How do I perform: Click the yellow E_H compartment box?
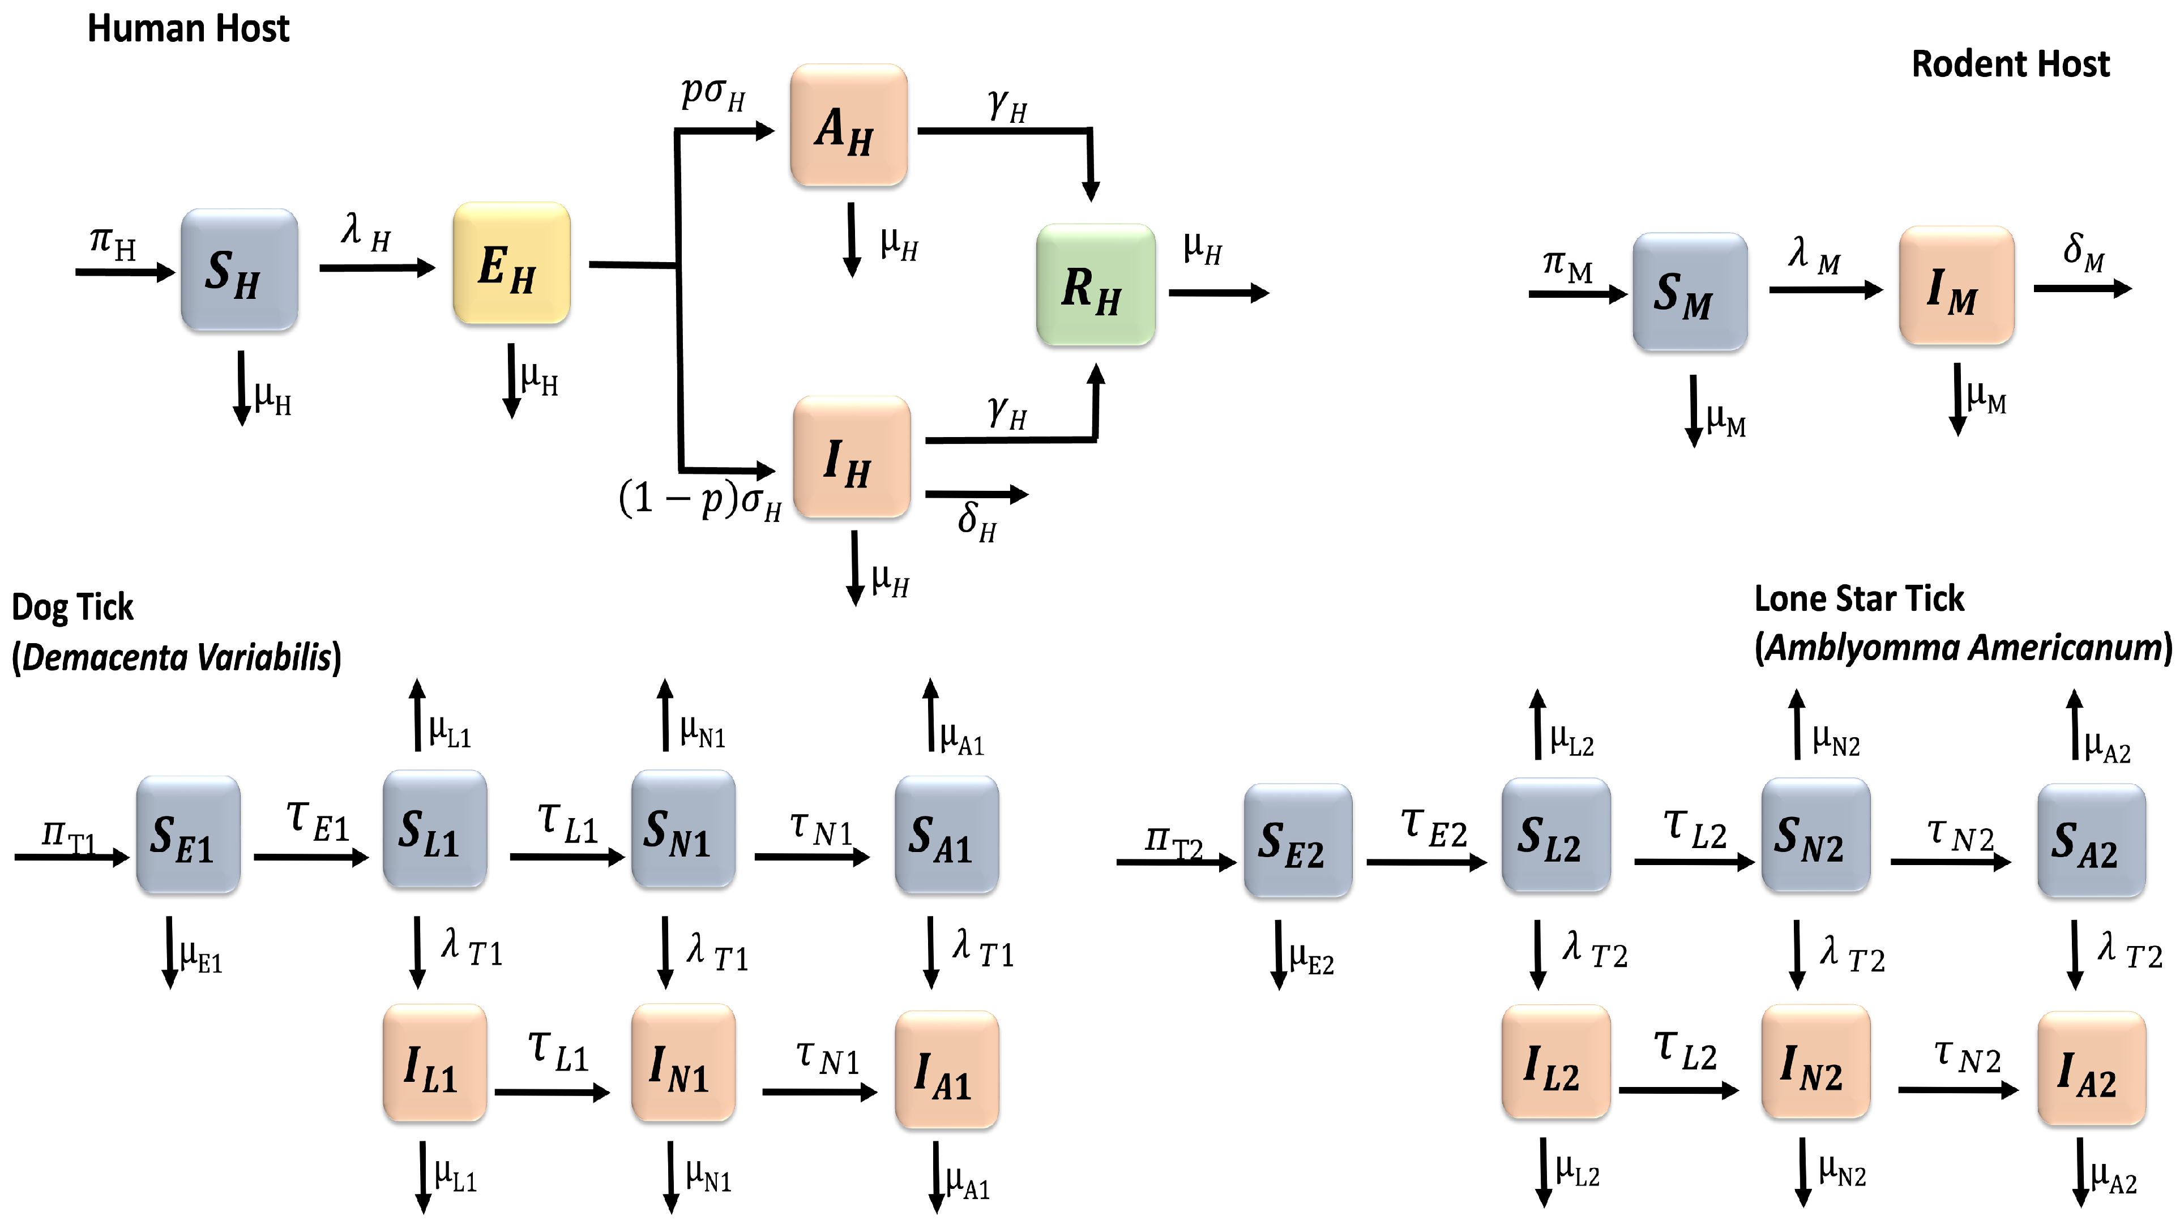[x=511, y=264]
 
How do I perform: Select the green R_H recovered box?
[x=1095, y=285]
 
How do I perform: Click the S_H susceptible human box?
[x=239, y=269]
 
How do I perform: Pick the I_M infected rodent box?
[x=1956, y=286]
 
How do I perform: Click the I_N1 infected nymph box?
[x=682, y=1063]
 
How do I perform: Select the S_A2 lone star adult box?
[x=2091, y=840]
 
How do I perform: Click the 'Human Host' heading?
[x=188, y=29]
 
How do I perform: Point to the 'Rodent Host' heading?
[x=2010, y=65]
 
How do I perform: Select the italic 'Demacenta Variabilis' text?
[x=176, y=657]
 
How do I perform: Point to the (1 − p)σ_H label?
[x=700, y=499]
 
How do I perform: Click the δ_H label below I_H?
[x=977, y=520]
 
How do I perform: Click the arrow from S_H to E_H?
[x=377, y=268]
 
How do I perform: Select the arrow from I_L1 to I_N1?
[x=552, y=1092]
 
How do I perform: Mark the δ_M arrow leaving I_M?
[x=2082, y=288]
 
